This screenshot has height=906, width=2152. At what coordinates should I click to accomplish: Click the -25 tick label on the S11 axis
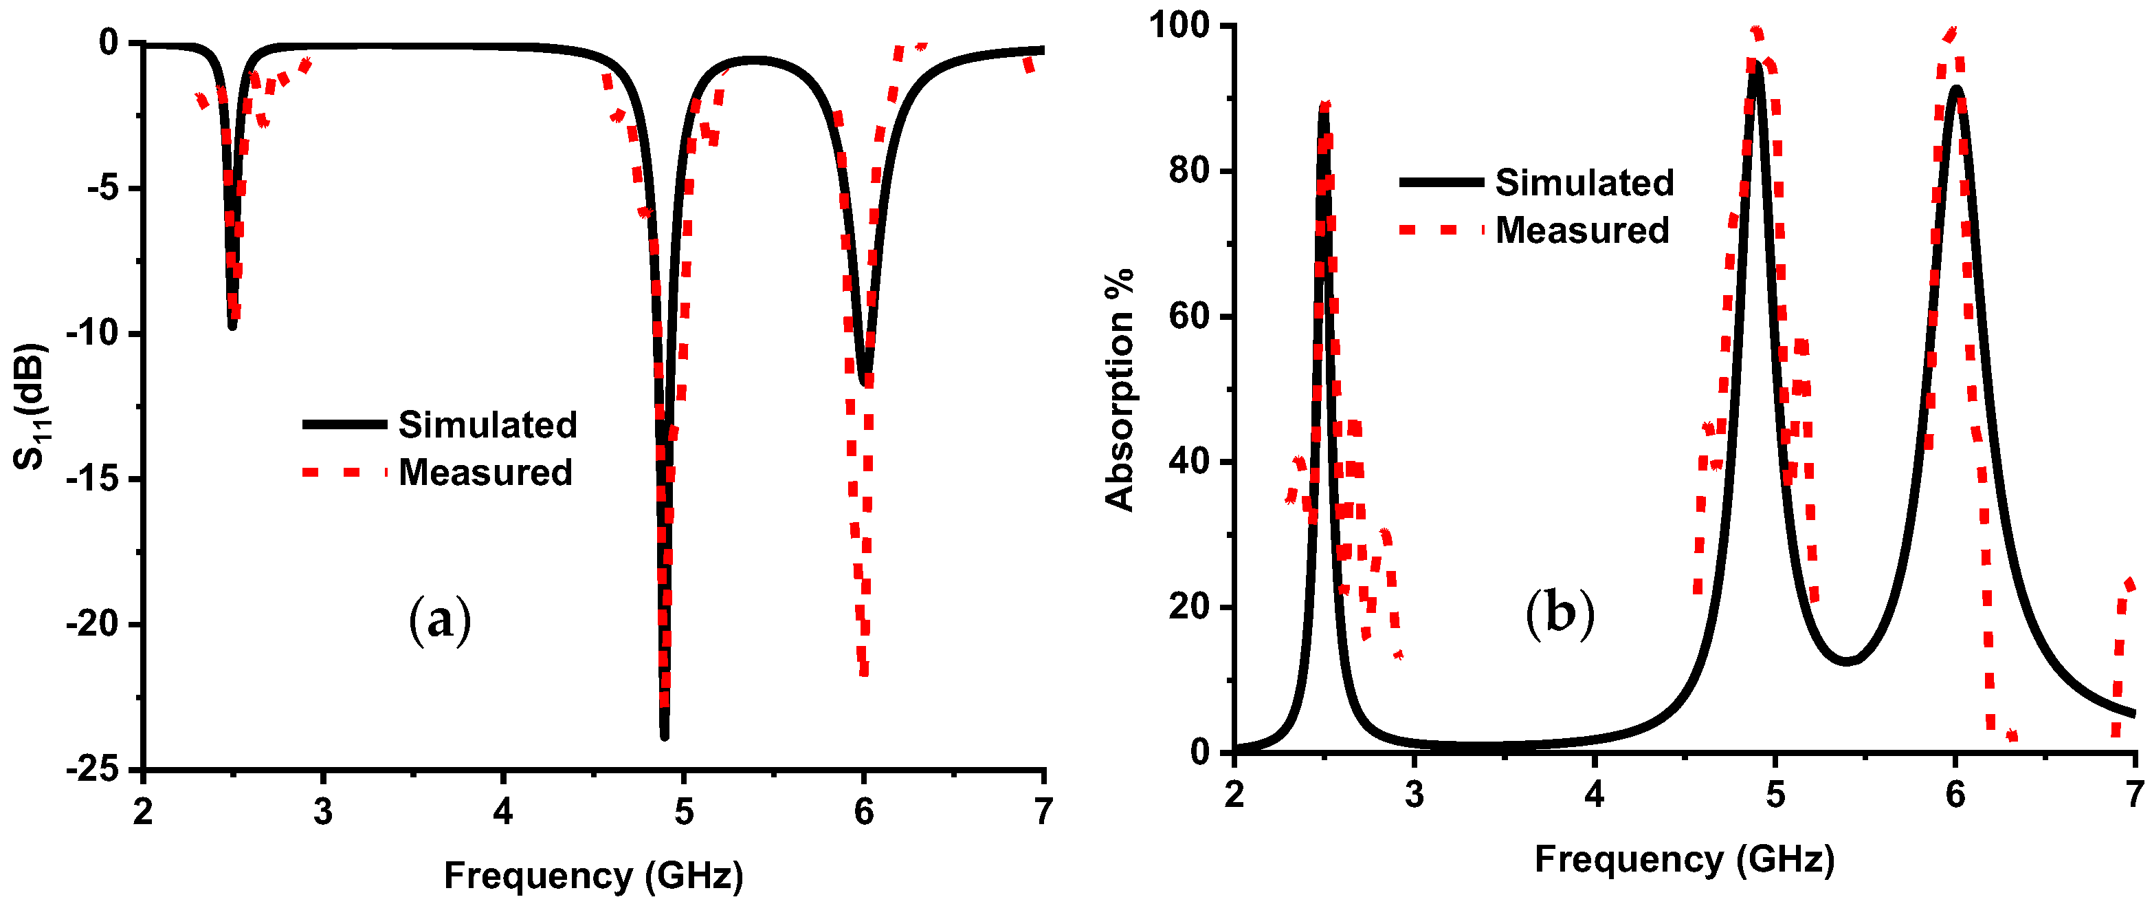click(x=97, y=770)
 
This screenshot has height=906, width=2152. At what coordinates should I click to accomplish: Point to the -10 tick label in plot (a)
click(x=97, y=334)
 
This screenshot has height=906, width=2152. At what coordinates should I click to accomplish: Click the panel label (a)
click(x=441, y=620)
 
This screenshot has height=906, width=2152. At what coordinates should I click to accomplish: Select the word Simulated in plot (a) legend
click(x=487, y=424)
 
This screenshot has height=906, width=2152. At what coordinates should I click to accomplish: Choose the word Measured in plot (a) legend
click(x=485, y=472)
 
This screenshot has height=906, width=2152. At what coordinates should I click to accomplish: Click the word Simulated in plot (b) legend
click(x=1584, y=182)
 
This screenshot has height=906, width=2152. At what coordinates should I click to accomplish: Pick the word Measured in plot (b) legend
click(x=1582, y=230)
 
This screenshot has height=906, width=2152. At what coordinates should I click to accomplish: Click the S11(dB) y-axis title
click(x=32, y=407)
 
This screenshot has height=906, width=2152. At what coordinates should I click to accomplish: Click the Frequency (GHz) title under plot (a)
click(x=593, y=875)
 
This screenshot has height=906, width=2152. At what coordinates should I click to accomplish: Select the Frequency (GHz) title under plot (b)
click(x=1684, y=859)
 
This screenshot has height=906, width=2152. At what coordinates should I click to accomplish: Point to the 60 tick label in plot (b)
click(x=1189, y=316)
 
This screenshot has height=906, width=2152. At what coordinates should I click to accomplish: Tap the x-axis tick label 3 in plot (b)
click(x=1414, y=794)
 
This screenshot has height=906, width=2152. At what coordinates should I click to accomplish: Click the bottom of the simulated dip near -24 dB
click(x=664, y=735)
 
